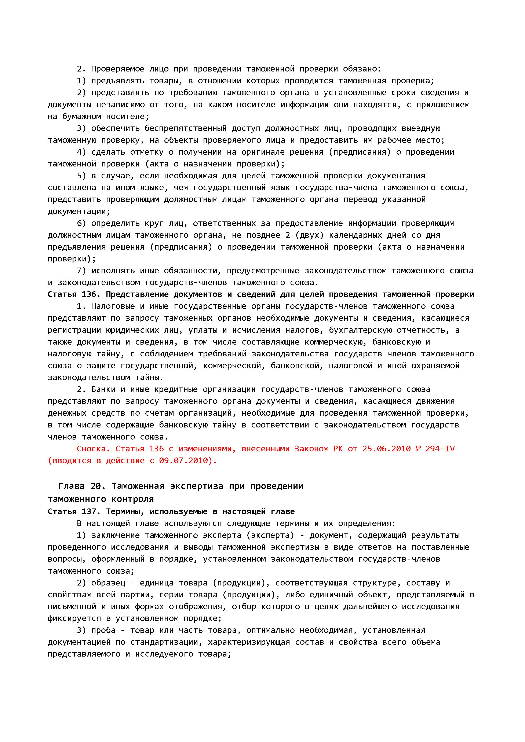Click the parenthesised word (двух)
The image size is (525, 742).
pos(309,235)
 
